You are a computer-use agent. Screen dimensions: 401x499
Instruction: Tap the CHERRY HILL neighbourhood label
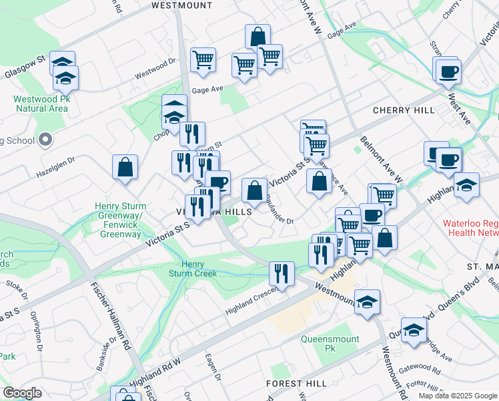pyautogui.click(x=404, y=110)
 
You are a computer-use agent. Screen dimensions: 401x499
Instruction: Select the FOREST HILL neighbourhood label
pyautogui.click(x=296, y=384)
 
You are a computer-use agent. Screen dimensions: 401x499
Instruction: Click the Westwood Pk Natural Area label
pyautogui.click(x=41, y=104)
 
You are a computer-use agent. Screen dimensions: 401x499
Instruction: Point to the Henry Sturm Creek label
pyautogui.click(x=193, y=269)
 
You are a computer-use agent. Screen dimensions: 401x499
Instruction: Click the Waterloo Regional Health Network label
pyautogui.click(x=470, y=228)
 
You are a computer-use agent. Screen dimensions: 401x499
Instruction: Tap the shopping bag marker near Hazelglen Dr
pyautogui.click(x=125, y=167)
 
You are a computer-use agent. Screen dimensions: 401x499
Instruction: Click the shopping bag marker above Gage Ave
pyautogui.click(x=258, y=36)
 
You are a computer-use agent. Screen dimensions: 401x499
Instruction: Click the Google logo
pyautogui.click(x=22, y=393)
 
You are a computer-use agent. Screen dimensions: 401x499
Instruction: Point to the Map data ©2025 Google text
pyautogui.click(x=457, y=396)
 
